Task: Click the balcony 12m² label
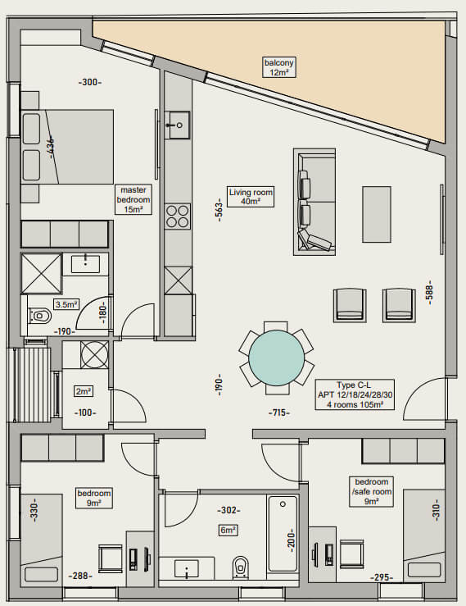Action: click(x=279, y=67)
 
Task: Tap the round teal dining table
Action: click(x=277, y=358)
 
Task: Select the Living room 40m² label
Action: click(x=251, y=196)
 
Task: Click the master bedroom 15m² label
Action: click(x=133, y=199)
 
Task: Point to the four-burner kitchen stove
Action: click(x=178, y=216)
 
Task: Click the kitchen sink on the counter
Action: click(x=178, y=125)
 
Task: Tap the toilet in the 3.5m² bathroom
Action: click(x=40, y=316)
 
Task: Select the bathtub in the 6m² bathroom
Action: click(x=283, y=533)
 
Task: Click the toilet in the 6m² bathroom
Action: click(x=241, y=567)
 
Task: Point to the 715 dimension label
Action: click(x=279, y=412)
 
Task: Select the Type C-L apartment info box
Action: click(x=355, y=394)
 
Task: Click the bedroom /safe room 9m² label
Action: click(x=372, y=491)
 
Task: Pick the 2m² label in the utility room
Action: click(x=84, y=391)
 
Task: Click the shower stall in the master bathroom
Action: click(x=41, y=274)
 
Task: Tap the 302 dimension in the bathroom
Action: click(x=228, y=510)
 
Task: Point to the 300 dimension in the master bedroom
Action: click(x=90, y=82)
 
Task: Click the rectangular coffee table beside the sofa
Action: click(x=377, y=214)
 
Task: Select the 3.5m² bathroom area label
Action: click(x=66, y=304)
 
